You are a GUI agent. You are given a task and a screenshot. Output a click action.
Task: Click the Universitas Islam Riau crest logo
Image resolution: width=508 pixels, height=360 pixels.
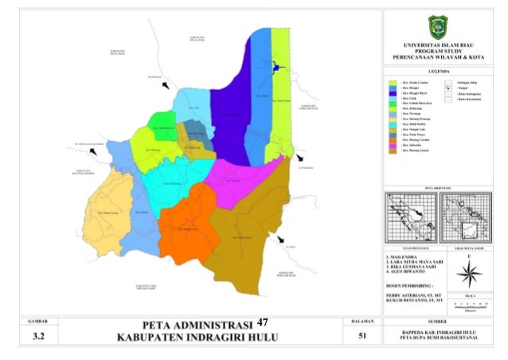(439, 25)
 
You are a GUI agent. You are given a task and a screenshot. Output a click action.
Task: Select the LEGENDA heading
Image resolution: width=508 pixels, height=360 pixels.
(439, 70)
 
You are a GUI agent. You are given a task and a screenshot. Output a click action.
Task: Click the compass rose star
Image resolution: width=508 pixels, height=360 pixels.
(468, 276)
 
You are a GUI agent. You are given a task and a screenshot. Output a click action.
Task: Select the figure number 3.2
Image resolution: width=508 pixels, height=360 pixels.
(39, 338)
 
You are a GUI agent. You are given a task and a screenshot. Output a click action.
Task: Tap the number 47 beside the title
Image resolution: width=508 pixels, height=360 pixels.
(264, 323)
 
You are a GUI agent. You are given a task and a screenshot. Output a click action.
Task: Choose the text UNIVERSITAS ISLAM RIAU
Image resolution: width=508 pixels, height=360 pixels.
(439, 45)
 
